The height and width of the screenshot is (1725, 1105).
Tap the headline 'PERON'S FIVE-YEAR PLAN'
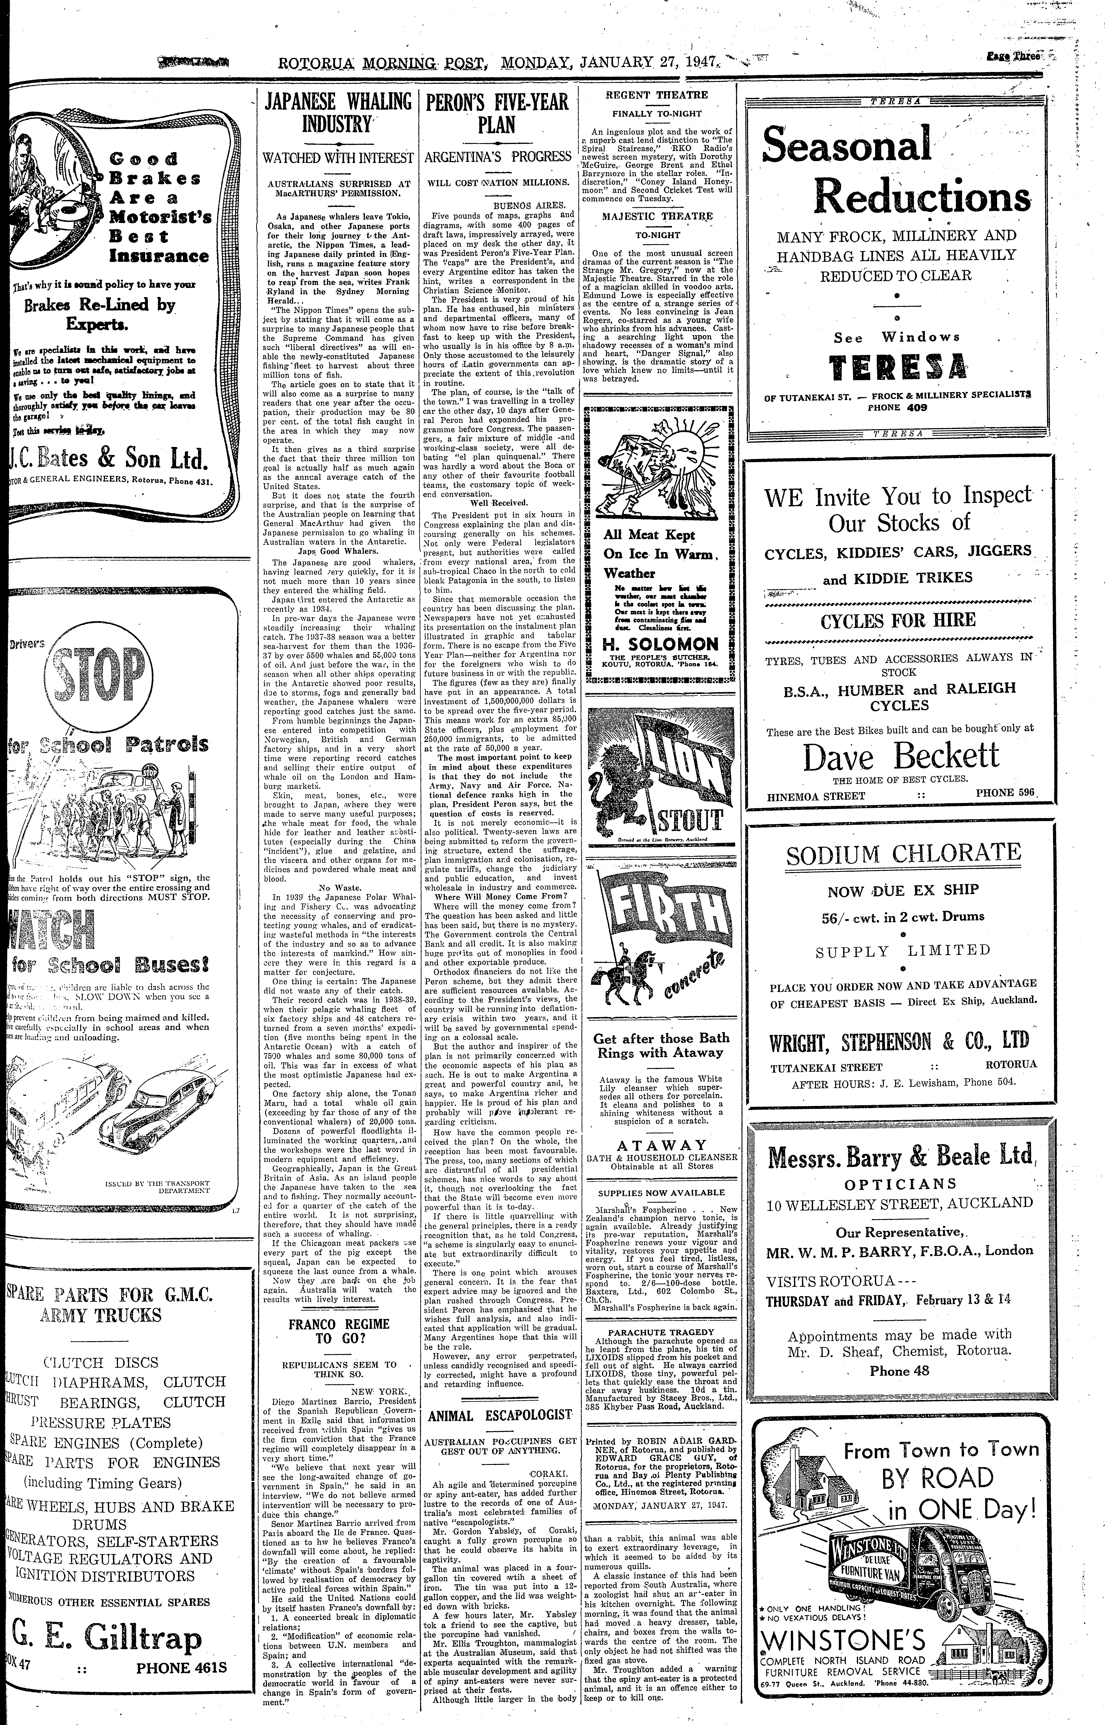pyautogui.click(x=497, y=113)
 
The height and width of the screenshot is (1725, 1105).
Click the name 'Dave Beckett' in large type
pyautogui.click(x=901, y=757)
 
